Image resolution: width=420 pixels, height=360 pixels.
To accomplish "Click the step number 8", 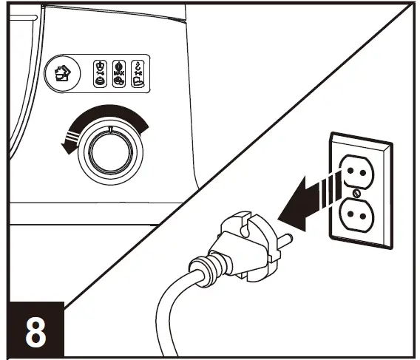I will point(34,331).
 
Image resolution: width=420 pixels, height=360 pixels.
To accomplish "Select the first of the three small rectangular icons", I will point(98,74).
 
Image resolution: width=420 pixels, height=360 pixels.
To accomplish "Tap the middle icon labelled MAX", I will point(118,74).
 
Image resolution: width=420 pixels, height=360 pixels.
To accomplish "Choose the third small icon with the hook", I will point(139,74).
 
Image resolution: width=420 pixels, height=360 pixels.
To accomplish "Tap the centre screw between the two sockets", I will point(356,194).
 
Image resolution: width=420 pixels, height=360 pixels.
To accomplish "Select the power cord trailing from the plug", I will point(166,310).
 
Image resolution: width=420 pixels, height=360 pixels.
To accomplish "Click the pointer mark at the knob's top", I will point(111,130).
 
